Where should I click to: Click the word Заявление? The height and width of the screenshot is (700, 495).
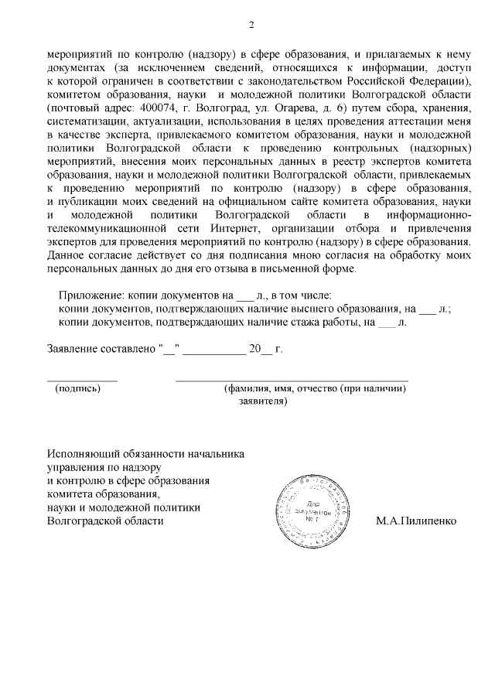point(75,349)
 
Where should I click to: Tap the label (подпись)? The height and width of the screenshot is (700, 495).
point(77,389)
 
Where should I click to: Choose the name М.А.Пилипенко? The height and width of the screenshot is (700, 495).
point(416,521)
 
